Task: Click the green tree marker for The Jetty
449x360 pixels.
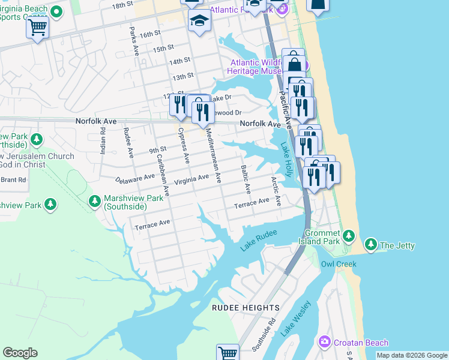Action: (371, 245)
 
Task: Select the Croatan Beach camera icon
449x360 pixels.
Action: (325, 342)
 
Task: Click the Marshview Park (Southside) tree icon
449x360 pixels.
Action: (94, 201)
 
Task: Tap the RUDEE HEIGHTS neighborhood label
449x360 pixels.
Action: (246, 308)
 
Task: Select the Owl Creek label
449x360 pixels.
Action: (339, 264)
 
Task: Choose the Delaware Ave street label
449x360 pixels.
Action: (135, 178)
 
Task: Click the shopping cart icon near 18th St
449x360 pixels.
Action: (37, 26)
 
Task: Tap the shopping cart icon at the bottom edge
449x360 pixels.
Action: (228, 353)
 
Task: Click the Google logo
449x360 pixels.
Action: (20, 352)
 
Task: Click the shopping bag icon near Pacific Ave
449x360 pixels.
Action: (294, 62)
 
